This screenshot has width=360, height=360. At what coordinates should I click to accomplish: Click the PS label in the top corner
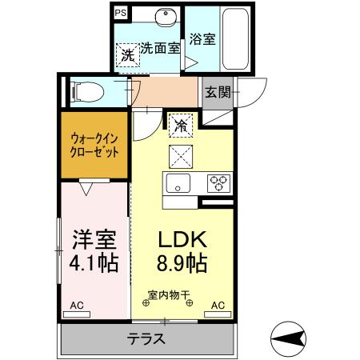click(120, 13)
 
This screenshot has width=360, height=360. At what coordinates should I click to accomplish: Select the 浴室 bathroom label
click(202, 39)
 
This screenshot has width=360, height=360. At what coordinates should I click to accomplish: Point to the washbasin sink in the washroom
click(166, 19)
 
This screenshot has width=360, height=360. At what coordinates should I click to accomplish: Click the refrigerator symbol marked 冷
click(181, 126)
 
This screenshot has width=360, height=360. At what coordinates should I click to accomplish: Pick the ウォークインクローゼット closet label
click(94, 144)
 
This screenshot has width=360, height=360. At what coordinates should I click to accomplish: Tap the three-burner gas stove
click(218, 182)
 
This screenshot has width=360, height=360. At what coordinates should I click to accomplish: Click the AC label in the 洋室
click(77, 305)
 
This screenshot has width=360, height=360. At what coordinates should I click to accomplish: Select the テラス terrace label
click(146, 338)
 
